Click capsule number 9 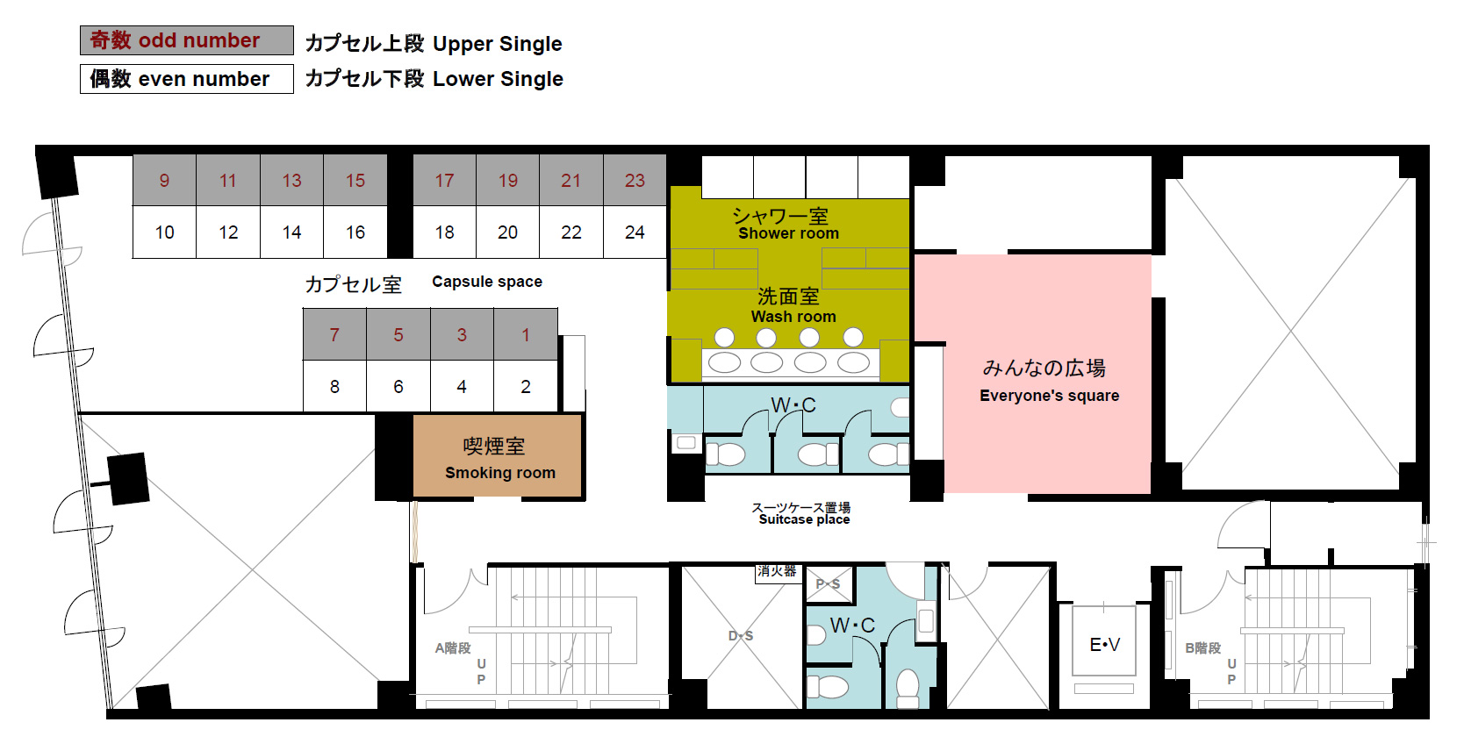[164, 180]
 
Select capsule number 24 [635, 232]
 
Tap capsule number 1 [526, 334]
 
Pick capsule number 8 [334, 387]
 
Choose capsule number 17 [444, 180]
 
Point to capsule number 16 [355, 232]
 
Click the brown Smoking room [498, 456]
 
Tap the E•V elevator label [1104, 645]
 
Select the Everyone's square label [1049, 396]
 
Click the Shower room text [788, 233]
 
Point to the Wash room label [793, 317]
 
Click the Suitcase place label [804, 520]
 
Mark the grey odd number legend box [187, 40]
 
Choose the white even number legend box [187, 79]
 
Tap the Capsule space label [487, 282]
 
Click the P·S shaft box [829, 584]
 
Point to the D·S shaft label [741, 635]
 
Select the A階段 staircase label [453, 647]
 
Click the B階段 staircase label [1203, 647]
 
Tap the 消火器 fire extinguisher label [777, 572]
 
